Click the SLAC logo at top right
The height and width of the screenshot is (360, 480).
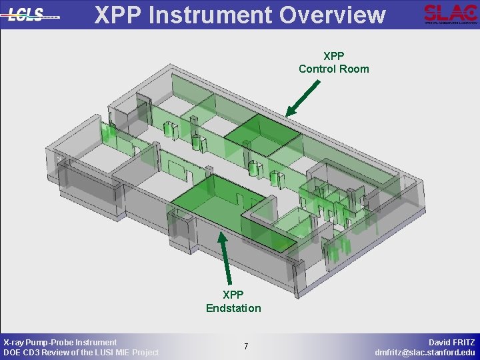click(x=450, y=13)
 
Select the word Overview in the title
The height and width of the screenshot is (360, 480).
click(x=334, y=14)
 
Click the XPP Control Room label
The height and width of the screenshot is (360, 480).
click(x=333, y=63)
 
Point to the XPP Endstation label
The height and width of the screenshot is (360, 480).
click(x=233, y=301)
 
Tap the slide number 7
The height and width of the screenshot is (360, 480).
click(x=246, y=347)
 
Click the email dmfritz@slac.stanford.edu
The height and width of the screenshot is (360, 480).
click(x=425, y=352)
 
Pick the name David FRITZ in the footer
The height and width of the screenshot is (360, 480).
click(x=452, y=342)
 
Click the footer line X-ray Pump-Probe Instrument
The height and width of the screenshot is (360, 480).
click(x=60, y=342)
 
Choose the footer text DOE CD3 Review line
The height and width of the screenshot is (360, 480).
click(x=81, y=352)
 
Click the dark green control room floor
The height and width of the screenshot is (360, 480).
click(x=262, y=133)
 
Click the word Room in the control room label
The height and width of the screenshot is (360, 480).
click(x=355, y=69)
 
